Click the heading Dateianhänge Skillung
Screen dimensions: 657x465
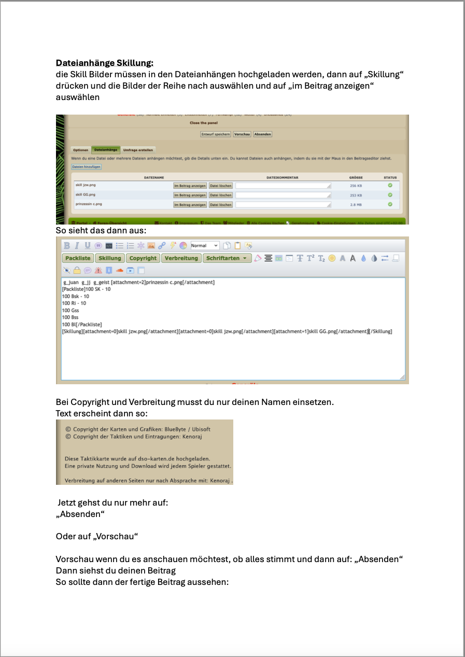(x=105, y=63)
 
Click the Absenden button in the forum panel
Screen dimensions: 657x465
(x=262, y=134)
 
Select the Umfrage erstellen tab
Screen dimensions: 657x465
(x=138, y=150)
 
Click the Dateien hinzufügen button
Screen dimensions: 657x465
(x=86, y=167)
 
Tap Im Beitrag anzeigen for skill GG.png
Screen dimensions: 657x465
(x=190, y=195)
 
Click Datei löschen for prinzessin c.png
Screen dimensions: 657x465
(x=220, y=205)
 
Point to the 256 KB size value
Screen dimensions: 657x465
(x=356, y=186)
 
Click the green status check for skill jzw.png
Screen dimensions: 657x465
(x=390, y=185)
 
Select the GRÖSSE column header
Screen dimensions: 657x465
(x=356, y=177)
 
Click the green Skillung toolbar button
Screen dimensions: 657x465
(x=110, y=258)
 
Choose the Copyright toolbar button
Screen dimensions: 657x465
(x=143, y=258)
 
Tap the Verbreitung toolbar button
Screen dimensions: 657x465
(x=181, y=258)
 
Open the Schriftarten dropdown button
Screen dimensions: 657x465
(x=226, y=258)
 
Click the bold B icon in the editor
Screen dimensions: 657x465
(x=67, y=245)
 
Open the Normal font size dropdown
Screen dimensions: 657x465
(x=205, y=245)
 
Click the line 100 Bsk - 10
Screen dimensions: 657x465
(x=76, y=296)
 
